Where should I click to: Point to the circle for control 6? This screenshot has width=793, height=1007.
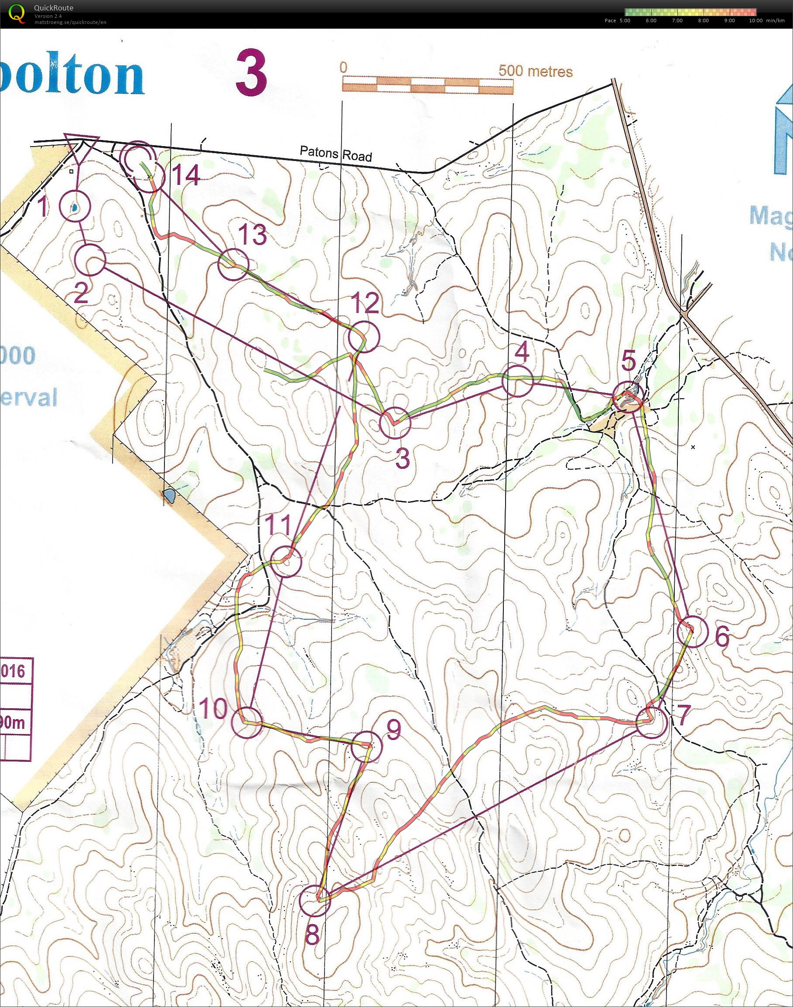click(692, 632)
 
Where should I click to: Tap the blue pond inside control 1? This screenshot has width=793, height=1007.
click(74, 208)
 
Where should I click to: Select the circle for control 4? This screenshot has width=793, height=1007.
click(517, 381)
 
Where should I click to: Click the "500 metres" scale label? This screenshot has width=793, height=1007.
click(535, 71)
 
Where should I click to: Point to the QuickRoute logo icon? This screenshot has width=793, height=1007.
click(17, 13)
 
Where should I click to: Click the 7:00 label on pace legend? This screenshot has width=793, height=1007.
click(677, 20)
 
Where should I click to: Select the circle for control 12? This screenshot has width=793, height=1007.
click(363, 337)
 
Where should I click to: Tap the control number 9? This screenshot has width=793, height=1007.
click(393, 731)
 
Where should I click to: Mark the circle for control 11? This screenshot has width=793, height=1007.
click(286, 562)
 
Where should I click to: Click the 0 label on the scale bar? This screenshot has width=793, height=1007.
click(343, 67)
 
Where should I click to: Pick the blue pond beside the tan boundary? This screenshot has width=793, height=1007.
click(171, 496)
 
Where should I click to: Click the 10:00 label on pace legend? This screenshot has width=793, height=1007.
click(755, 20)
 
